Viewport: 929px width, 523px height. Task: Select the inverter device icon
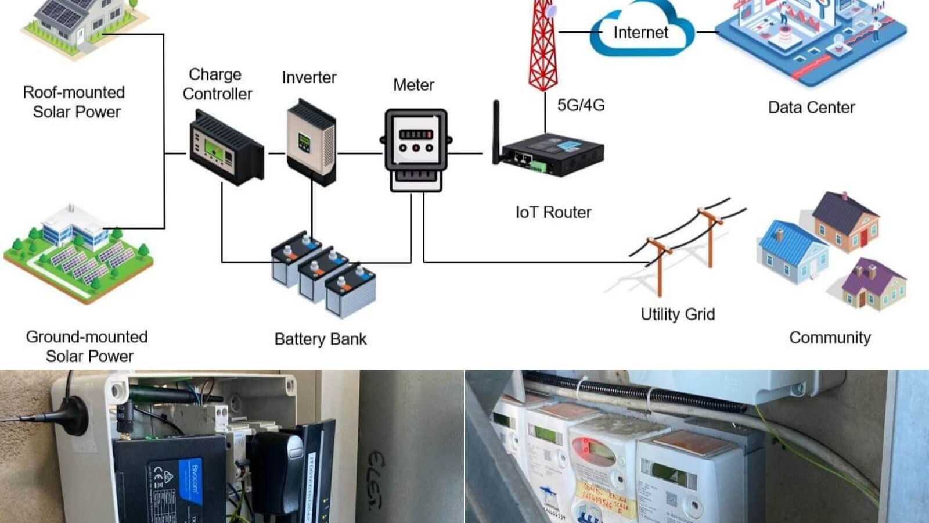tap(311, 142)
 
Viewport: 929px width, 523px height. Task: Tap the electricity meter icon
tap(416, 150)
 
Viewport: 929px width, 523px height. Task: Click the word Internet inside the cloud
tap(640, 33)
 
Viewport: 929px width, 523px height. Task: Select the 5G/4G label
tap(581, 105)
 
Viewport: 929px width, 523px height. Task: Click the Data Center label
tap(811, 108)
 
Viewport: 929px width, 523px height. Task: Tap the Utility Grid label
tap(678, 314)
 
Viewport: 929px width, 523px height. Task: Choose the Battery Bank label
tap(321, 339)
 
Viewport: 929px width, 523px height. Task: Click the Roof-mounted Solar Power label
tap(74, 102)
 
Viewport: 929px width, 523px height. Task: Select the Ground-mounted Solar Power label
tap(87, 346)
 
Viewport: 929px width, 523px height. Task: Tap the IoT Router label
tap(553, 213)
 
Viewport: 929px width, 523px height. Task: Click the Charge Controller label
tap(217, 84)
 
